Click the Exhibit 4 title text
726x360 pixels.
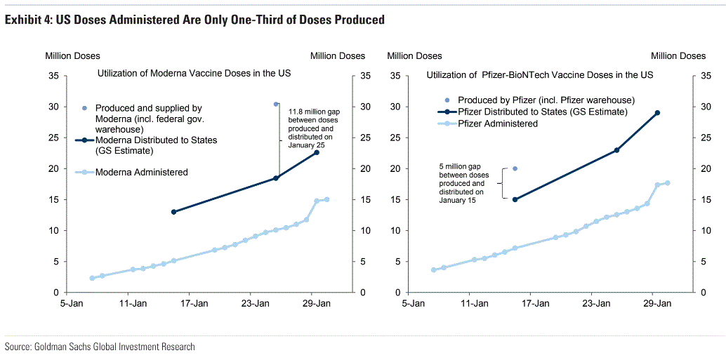pyautogui.click(x=194, y=20)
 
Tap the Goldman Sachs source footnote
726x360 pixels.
pyautogui.click(x=100, y=347)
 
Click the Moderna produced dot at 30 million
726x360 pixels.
pyautogui.click(x=276, y=104)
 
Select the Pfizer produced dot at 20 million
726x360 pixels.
pyautogui.click(x=515, y=168)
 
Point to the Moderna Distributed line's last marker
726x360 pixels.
pyautogui.click(x=317, y=152)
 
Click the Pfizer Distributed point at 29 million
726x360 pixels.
pyautogui.click(x=657, y=112)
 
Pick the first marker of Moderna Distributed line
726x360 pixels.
pyautogui.click(x=173, y=212)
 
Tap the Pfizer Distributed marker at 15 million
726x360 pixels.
pyautogui.click(x=515, y=199)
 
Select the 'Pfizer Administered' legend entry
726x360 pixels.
pyautogui.click(x=498, y=124)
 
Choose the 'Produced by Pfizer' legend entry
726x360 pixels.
pyautogui.click(x=546, y=100)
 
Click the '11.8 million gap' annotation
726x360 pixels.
pyautogui.click(x=312, y=128)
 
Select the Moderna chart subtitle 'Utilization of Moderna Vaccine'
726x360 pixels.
pyautogui.click(x=194, y=73)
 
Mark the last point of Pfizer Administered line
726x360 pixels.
pyautogui.click(x=667, y=183)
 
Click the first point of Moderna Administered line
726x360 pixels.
pyautogui.click(x=92, y=278)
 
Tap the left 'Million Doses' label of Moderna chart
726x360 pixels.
pyautogui.click(x=73, y=56)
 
